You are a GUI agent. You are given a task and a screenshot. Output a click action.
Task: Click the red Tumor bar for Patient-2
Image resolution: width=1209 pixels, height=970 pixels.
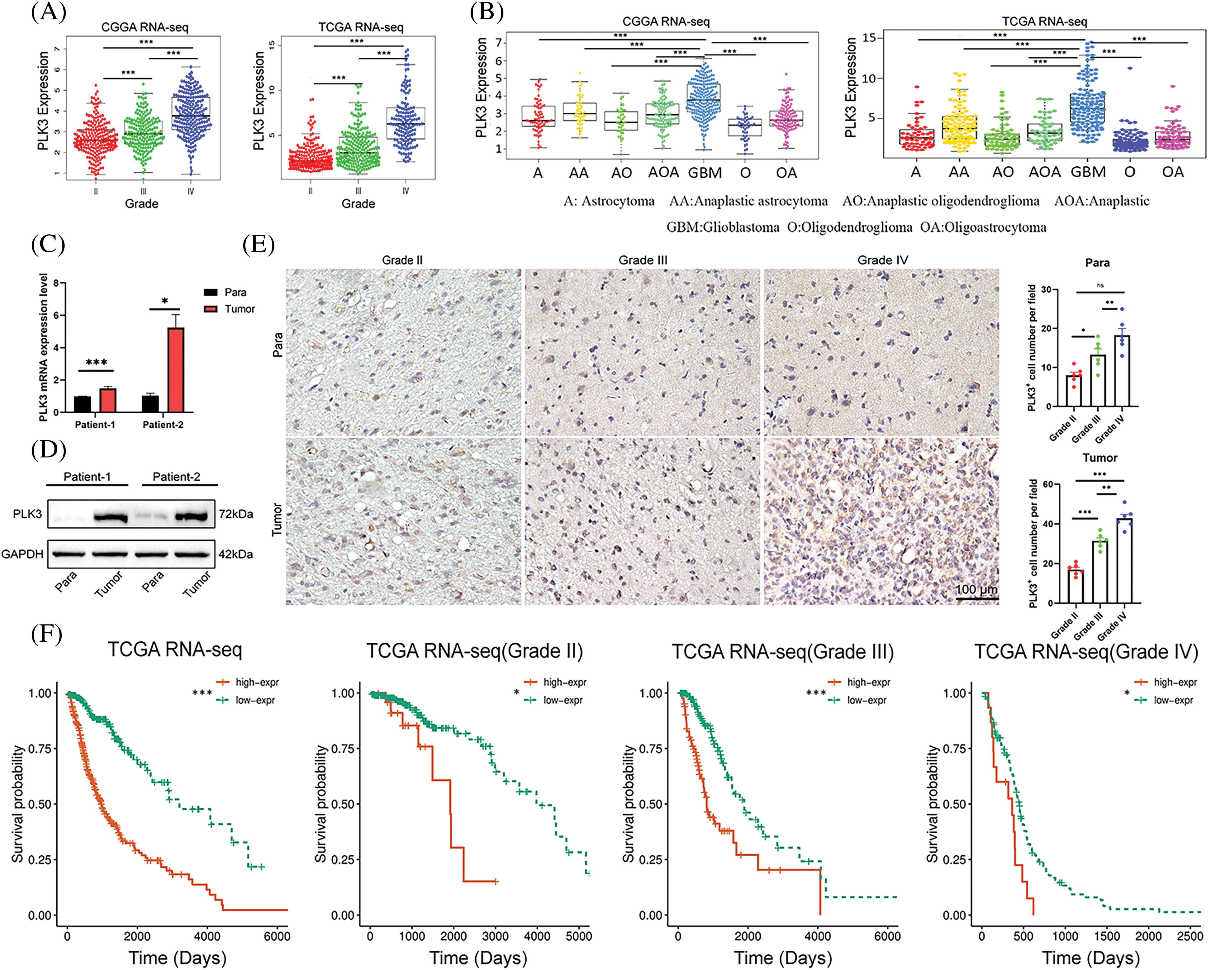[x=175, y=370]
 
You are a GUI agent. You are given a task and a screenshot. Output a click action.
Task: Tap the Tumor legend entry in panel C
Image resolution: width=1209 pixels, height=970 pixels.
[x=239, y=309]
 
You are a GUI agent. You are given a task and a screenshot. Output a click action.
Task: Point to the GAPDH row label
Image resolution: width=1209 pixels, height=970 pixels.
[x=22, y=554]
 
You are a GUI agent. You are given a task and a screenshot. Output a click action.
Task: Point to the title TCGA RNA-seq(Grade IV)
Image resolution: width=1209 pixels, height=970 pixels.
[x=1086, y=651]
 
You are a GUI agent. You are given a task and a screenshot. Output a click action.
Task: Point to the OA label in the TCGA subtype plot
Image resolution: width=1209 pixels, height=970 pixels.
[x=1172, y=172]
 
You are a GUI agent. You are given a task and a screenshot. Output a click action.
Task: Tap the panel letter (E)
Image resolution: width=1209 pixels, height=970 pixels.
[x=258, y=245]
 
